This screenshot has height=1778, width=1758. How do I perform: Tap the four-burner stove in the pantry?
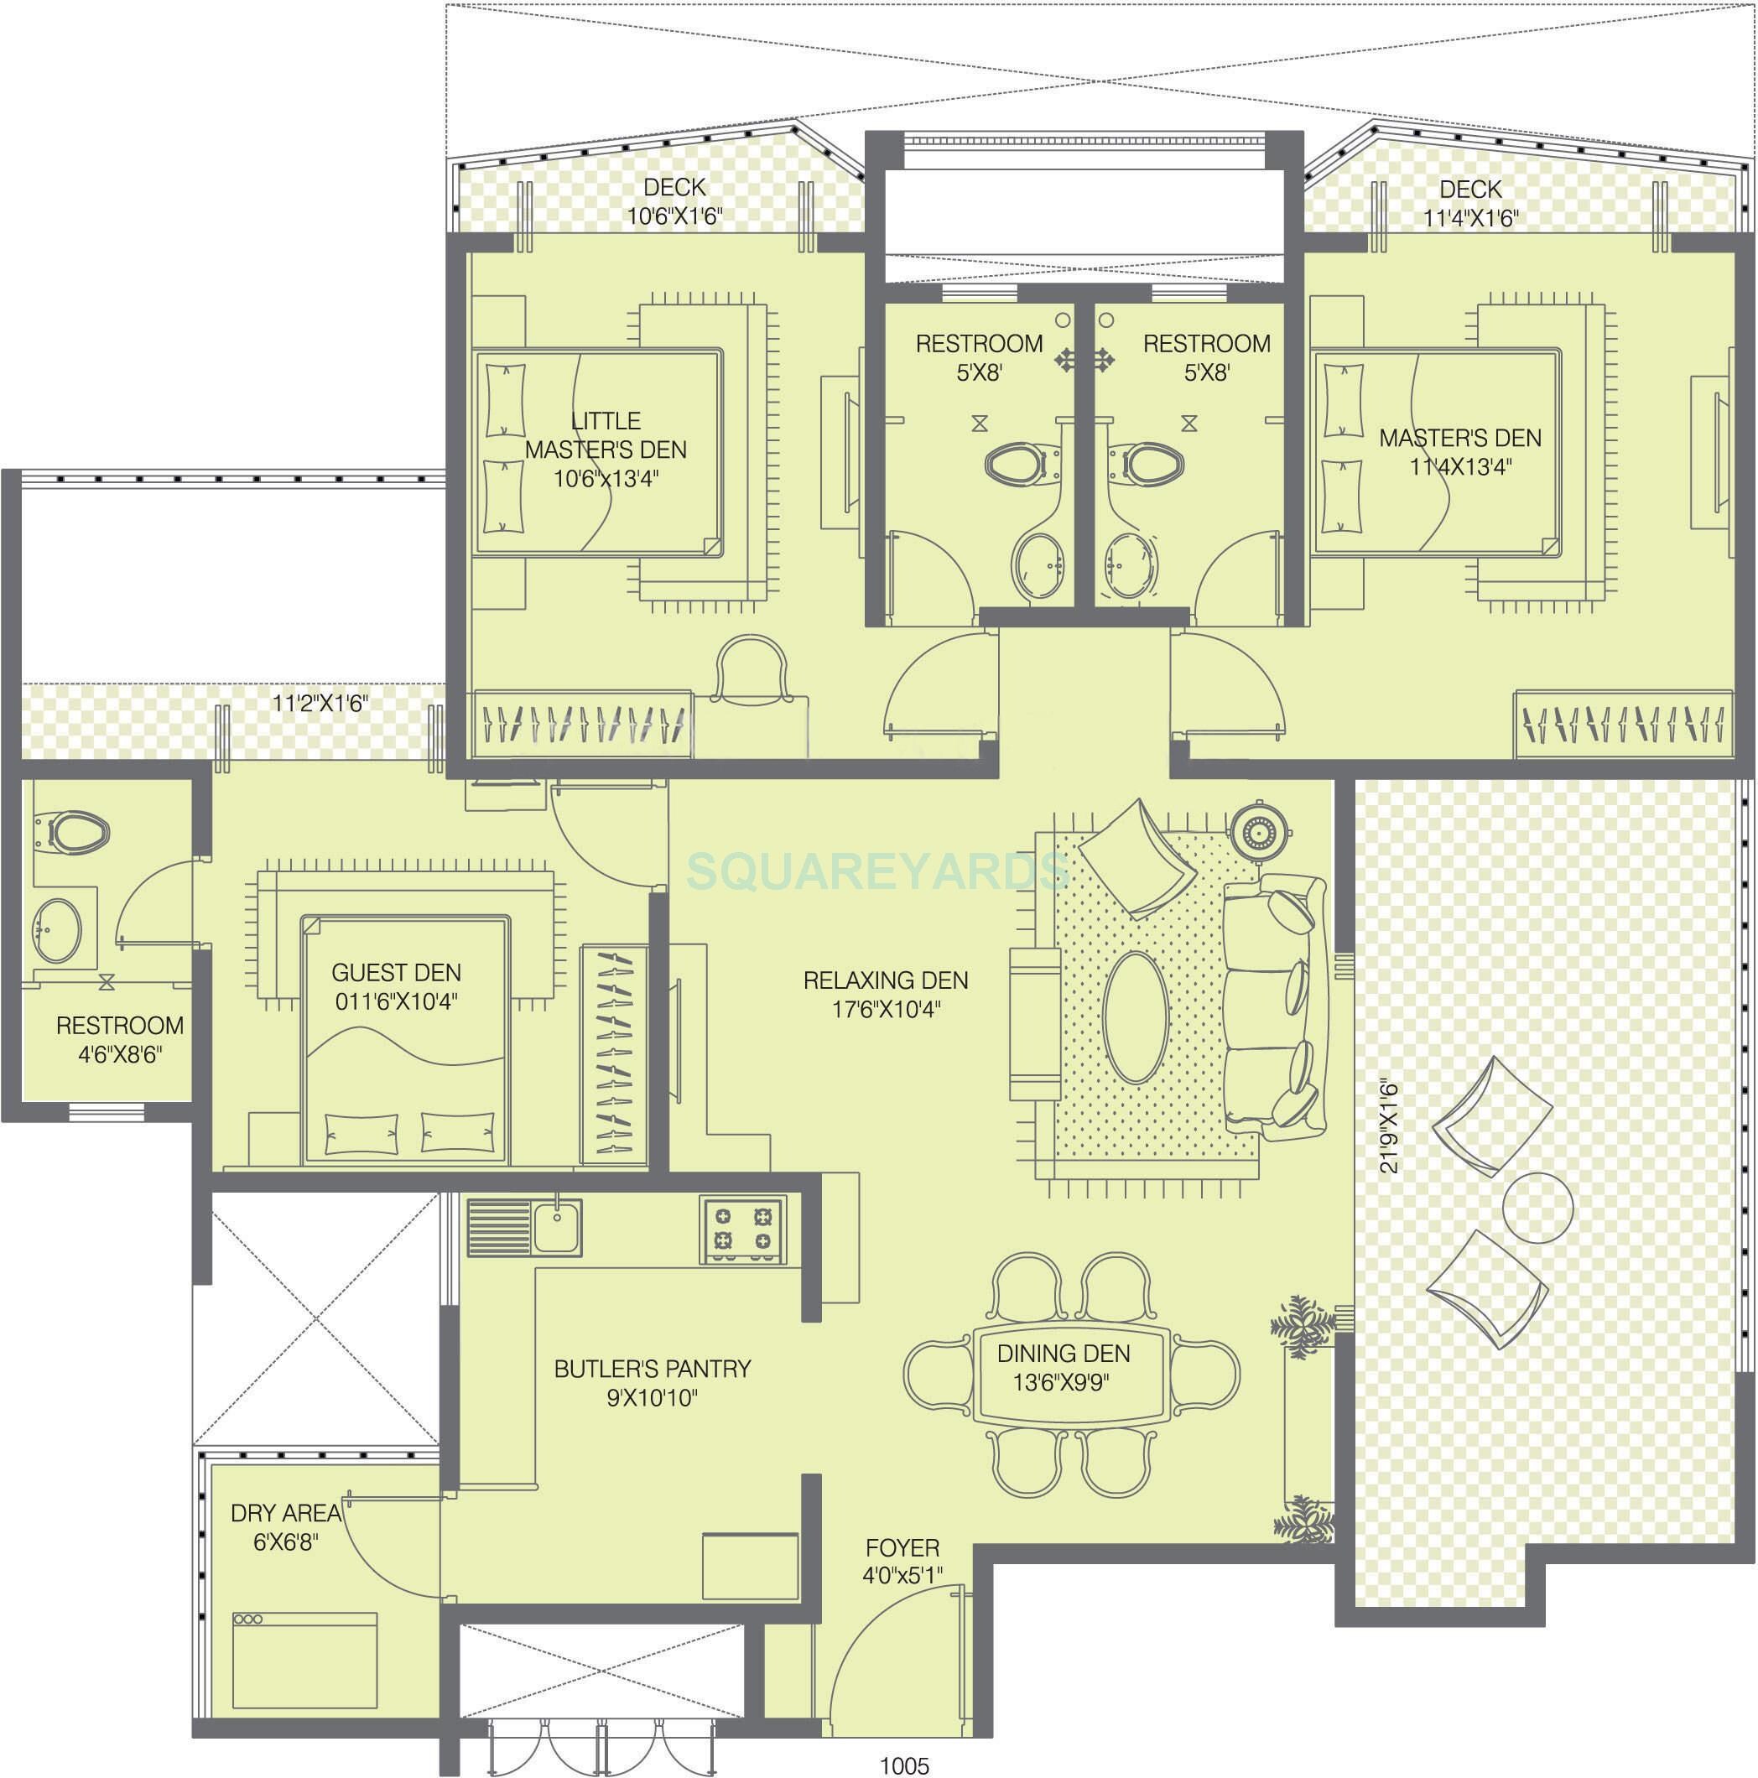tap(741, 1230)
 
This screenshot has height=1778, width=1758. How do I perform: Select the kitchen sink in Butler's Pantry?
tap(557, 1228)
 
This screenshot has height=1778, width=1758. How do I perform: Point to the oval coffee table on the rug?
tap(1136, 1018)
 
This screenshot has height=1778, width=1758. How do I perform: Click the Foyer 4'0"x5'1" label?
tap(902, 1562)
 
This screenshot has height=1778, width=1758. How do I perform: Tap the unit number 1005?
tap(905, 1765)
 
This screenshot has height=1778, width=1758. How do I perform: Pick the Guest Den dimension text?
tap(396, 1001)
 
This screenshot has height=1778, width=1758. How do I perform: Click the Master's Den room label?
tap(1459, 452)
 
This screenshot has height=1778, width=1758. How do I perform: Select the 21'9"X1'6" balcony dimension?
tap(1389, 1126)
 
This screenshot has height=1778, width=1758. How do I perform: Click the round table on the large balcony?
tap(1537, 1208)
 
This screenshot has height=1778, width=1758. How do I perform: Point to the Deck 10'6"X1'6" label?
tap(674, 201)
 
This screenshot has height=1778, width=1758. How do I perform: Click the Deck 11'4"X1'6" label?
tap(1470, 204)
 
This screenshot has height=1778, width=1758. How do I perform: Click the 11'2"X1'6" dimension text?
tap(320, 704)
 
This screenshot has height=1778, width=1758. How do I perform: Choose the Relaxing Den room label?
tap(886, 995)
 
